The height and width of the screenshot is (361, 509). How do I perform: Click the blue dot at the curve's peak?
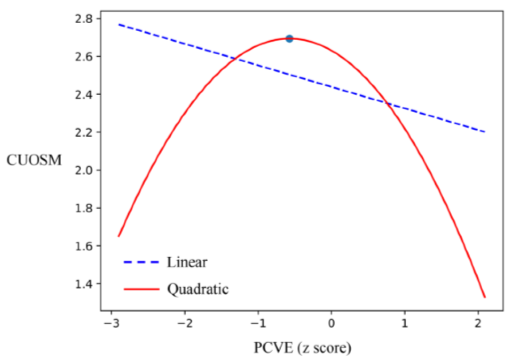[x=289, y=39]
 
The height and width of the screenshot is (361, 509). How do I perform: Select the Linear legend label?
[x=187, y=262]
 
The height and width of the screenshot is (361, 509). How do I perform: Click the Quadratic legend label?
[x=198, y=289]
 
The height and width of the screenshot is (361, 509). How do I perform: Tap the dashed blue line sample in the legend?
[x=141, y=262]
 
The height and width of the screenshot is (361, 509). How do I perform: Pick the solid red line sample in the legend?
[x=141, y=289]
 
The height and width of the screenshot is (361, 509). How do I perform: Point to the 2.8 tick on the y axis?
[x=83, y=19]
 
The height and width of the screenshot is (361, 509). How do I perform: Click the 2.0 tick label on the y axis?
[x=83, y=170]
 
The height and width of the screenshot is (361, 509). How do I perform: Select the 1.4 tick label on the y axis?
[x=83, y=284]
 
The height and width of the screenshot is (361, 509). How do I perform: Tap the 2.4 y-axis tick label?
[x=83, y=95]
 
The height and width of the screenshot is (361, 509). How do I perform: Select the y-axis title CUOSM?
[x=34, y=160]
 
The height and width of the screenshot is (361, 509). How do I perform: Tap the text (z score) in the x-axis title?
[x=324, y=348]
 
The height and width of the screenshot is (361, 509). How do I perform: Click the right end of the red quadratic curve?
[x=485, y=297]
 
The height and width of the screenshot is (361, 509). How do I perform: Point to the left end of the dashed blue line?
[x=119, y=25]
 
